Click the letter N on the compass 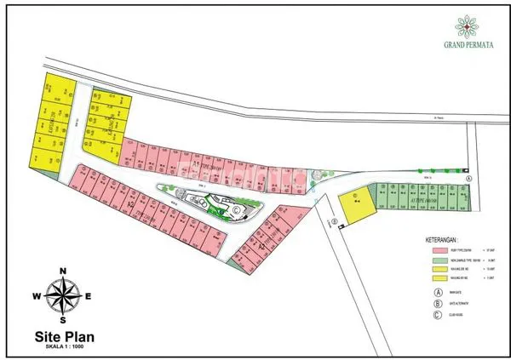[x=62, y=271]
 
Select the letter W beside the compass [x=37, y=297]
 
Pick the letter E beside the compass [x=88, y=297]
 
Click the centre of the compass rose [x=62, y=297]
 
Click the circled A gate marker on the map [x=470, y=180]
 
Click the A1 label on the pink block [x=195, y=161]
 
